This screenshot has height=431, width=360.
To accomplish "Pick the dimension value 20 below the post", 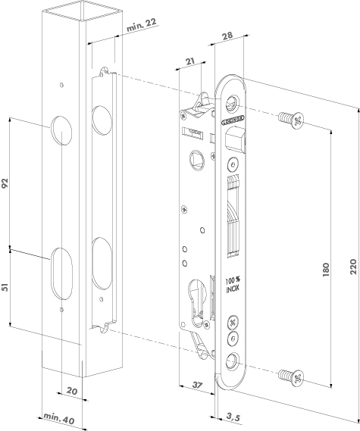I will coord(71,392).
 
